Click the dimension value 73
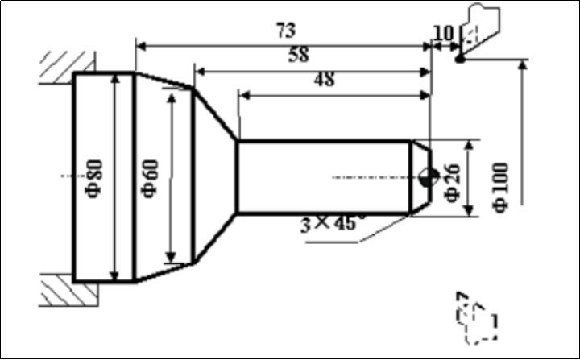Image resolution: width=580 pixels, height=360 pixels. [286, 31]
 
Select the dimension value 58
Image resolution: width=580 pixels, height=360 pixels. [299, 55]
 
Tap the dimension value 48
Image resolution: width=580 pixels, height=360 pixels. [325, 79]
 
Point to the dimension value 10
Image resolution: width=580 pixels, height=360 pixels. [443, 34]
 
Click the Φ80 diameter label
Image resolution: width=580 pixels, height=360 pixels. [94, 178]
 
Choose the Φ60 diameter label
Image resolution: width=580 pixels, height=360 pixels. [151, 178]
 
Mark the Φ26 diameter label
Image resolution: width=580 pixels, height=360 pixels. [453, 183]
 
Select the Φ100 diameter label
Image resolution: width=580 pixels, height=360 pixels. [501, 188]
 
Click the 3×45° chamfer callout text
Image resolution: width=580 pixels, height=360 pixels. [332, 223]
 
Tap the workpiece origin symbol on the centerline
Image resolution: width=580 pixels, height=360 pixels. [429, 178]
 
